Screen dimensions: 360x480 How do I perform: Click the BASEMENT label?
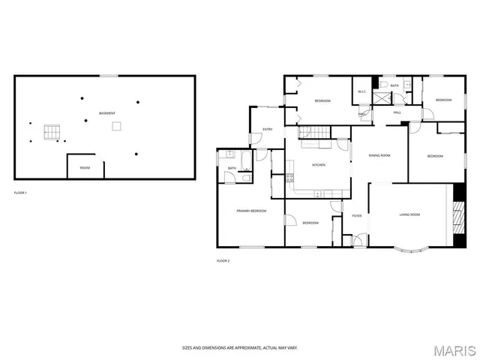point(107,113)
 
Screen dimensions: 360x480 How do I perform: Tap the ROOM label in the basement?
point(85,168)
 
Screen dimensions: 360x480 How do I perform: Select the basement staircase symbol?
point(50,132)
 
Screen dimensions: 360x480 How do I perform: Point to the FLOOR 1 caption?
point(20,193)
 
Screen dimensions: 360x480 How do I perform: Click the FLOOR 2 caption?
point(223,260)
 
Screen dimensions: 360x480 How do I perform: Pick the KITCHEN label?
point(318,165)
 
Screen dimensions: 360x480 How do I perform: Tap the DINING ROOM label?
point(379,155)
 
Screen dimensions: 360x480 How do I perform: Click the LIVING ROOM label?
point(409,214)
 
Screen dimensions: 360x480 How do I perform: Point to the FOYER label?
point(357,216)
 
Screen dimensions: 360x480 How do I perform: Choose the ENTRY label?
point(267,130)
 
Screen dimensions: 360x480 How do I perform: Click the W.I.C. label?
point(361,92)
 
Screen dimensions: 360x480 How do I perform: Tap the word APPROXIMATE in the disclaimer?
point(242,348)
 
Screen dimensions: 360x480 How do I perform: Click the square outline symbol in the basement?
point(116,126)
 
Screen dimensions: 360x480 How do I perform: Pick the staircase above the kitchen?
point(315,133)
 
